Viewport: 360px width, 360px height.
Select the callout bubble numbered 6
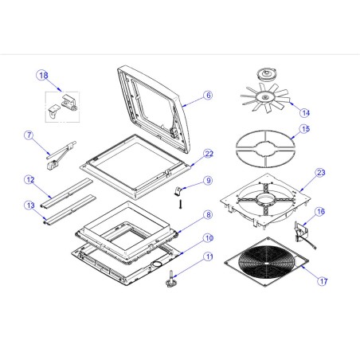[208, 95]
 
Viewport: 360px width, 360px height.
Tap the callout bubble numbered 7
[28, 136]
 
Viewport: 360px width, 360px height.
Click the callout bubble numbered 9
[207, 181]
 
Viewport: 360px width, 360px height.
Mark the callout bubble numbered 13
[28, 205]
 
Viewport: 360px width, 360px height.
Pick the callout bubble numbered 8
[207, 215]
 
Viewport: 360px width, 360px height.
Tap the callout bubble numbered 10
[208, 237]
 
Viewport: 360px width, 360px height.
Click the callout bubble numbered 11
[208, 256]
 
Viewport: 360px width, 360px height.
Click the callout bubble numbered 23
[320, 172]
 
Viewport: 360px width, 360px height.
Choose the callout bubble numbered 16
[320, 212]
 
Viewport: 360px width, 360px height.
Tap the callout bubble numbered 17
[323, 281]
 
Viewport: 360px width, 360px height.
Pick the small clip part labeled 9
[180, 190]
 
